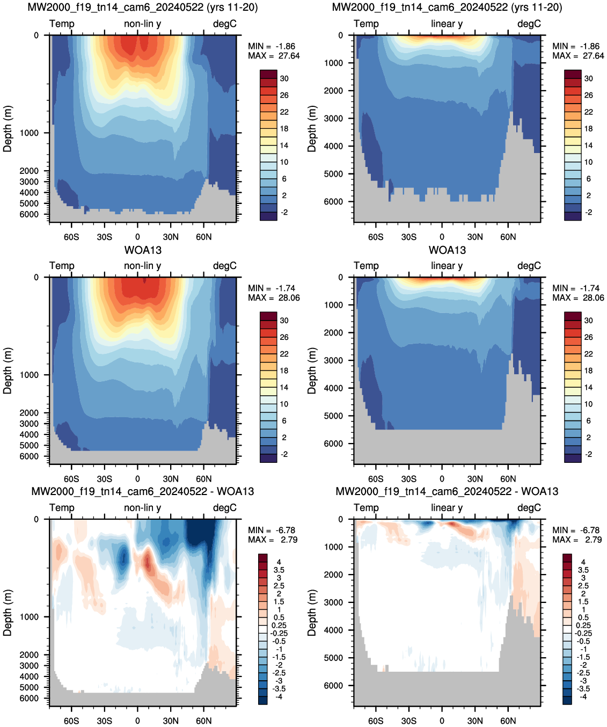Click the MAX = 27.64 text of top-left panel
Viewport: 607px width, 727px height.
click(274, 56)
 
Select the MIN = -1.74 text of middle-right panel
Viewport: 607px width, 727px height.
click(576, 288)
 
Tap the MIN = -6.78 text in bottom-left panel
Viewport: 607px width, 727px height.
click(272, 530)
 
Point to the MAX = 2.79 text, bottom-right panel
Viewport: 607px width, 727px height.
click(577, 539)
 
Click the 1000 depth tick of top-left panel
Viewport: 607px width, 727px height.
click(29, 133)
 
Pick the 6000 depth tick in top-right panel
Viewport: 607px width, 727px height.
click(333, 201)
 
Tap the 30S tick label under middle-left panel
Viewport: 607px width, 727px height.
click(105, 479)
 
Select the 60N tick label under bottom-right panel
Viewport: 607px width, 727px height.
click(508, 721)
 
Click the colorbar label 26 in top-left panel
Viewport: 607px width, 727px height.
click(284, 95)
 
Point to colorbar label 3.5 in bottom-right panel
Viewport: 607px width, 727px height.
click(583, 570)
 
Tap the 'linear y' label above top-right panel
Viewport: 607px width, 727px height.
click(447, 24)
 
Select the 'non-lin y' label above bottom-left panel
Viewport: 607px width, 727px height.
click(143, 507)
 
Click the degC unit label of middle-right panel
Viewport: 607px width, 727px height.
click(529, 266)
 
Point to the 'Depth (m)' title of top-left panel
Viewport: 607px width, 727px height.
click(8, 129)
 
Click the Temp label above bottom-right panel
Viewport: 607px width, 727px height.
click(366, 507)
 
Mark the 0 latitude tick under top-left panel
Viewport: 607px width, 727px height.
click(137, 237)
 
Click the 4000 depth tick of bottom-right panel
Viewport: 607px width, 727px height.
click(333, 629)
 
